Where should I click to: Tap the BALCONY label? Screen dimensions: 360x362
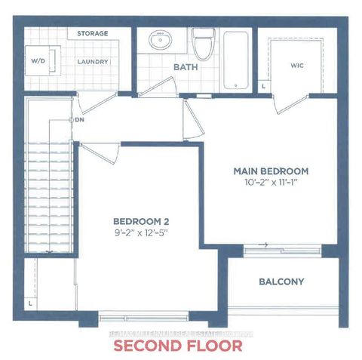pos(281,282)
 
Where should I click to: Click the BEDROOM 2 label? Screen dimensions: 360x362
pos(139,220)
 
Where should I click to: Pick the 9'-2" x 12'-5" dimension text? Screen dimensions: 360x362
pos(139,232)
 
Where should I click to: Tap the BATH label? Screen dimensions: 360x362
pos(185,67)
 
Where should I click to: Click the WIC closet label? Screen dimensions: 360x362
pos(296,66)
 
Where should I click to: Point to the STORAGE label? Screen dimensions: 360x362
pos(93,34)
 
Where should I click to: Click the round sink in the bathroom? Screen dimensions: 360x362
pos(160,41)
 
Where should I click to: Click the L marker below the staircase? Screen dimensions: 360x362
pos(29,302)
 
